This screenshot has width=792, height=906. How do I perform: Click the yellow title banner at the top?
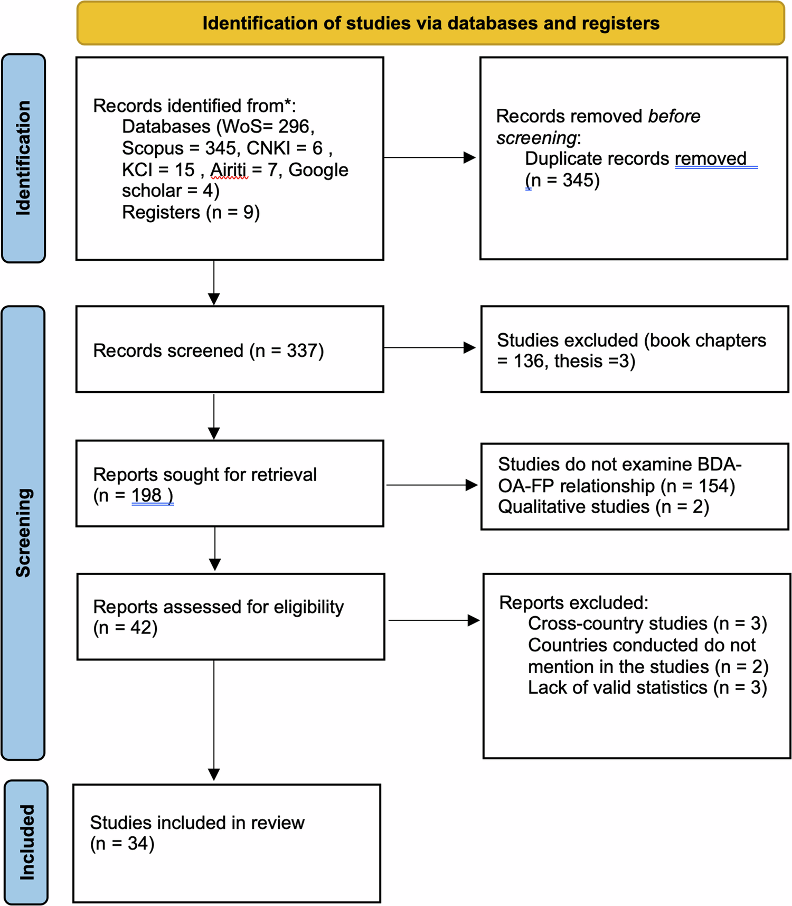pos(430,23)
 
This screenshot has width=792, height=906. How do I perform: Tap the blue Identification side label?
pos(23,158)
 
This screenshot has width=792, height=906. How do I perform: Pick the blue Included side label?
pos(26,842)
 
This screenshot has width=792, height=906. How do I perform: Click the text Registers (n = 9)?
pos(191,212)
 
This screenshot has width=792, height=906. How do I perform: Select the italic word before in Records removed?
pos(674,116)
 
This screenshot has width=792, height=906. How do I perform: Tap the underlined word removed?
pos(711,158)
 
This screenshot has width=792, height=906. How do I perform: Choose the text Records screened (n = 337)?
pos(208,351)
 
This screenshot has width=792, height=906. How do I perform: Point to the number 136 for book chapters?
pos(529,361)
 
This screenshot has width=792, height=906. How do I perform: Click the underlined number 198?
pos(147,495)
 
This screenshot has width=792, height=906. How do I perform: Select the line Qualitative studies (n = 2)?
pos(603,507)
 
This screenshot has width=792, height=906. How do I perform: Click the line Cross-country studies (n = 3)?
pos(647,624)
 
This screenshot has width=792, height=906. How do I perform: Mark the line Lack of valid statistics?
pos(647,687)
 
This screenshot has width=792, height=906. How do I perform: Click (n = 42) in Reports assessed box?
pos(125,628)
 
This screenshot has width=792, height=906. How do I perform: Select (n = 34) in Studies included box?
pos(122,843)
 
